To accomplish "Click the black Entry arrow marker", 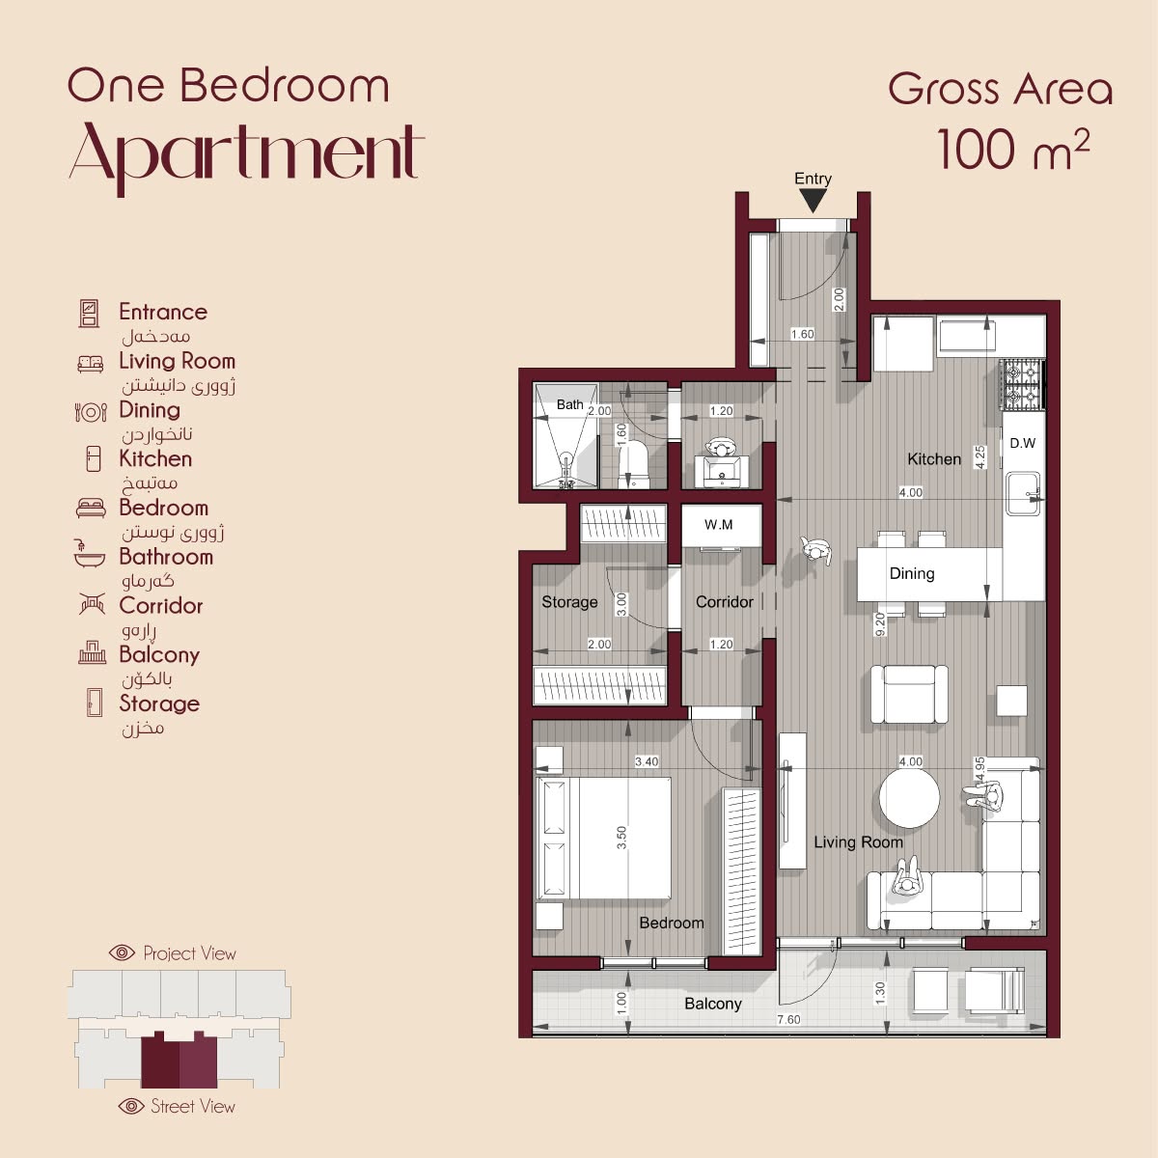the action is click(x=813, y=201).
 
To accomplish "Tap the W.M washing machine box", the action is click(x=721, y=525).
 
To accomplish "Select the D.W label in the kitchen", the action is click(x=1022, y=444).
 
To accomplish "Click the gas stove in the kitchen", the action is click(x=1022, y=385).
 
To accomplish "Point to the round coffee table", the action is click(x=909, y=797).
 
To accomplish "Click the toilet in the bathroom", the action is click(x=633, y=464).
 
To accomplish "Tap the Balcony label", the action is click(x=713, y=1004).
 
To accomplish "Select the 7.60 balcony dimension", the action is click(x=787, y=1019).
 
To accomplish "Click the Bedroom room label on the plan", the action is click(x=672, y=923).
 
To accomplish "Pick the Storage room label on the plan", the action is click(x=569, y=602).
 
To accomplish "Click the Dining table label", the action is click(x=912, y=573).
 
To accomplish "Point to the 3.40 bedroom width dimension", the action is click(x=647, y=761).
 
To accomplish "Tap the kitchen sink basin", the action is click(x=1023, y=493).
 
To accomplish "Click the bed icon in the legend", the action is click(x=91, y=508).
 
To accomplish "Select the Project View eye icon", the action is click(x=122, y=952).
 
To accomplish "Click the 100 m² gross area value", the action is click(x=1013, y=151).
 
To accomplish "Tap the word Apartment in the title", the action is click(x=247, y=155).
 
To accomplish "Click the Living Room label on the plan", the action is click(x=858, y=841).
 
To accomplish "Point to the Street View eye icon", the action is click(x=131, y=1106).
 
